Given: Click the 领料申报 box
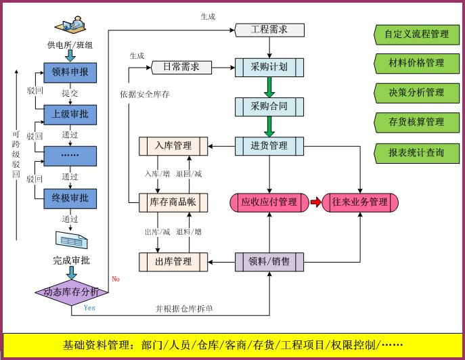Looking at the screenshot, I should coord(70,72).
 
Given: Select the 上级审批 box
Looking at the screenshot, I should coord(70,114).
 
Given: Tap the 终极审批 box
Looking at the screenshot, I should coord(70,198).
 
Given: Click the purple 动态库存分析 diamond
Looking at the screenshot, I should coord(70,292).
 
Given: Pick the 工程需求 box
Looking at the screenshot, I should coord(269,30).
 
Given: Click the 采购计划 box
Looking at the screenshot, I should coord(269,68).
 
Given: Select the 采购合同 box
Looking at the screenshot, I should coord(269,106).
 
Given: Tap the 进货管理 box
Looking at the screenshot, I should coord(269,145).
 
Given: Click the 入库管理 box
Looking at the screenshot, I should coord(173,145).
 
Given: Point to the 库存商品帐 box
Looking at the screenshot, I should coord(173,202).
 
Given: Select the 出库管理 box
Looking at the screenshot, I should coord(173,261).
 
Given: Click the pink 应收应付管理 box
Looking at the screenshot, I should coord(269,202).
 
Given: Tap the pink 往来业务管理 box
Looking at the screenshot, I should coord(360,202).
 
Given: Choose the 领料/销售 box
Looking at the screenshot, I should coord(269,261).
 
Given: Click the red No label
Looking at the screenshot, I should coord(116,279).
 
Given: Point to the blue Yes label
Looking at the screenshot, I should coord(89,308).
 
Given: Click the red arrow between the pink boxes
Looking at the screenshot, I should coord(315,202).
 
